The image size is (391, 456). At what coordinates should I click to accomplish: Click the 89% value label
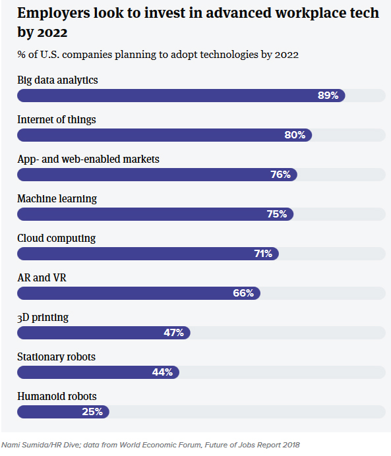point(328,96)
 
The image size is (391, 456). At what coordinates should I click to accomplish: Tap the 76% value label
point(280,175)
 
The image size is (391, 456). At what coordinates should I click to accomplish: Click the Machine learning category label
point(57,198)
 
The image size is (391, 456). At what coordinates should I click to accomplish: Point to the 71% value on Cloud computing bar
point(262,254)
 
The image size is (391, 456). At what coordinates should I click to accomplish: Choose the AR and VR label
point(42,277)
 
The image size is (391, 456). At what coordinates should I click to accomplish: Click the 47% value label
point(173,333)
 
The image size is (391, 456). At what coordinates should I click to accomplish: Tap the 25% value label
point(92,412)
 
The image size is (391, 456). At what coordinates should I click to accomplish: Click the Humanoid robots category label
point(57,396)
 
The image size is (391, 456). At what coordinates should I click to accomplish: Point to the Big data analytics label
point(57,80)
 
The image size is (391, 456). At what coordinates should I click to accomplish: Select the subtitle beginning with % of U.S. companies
point(158,55)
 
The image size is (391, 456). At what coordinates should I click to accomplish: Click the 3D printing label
point(43,317)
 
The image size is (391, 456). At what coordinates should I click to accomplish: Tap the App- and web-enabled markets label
point(88,159)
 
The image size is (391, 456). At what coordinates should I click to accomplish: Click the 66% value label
point(243,293)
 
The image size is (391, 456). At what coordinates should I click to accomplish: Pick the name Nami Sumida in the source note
point(23,445)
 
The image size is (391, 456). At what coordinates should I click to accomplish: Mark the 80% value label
point(295,135)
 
